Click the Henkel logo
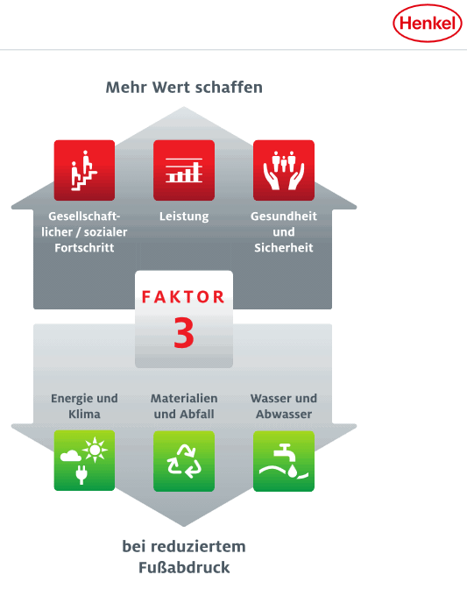point(428,24)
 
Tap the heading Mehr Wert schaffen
point(184,88)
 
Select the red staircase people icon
point(84,170)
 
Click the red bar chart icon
point(184,170)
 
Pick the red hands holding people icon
point(284,170)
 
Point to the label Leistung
point(184,216)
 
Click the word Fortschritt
point(84,248)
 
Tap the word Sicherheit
point(284,248)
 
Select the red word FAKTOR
point(184,297)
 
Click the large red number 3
point(184,333)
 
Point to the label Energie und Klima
point(84,406)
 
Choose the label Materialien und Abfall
point(184,406)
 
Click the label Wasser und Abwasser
point(284,406)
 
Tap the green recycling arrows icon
point(184,461)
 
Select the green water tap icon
point(284,461)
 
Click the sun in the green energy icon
point(95,450)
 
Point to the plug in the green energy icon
point(81,475)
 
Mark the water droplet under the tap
point(293,471)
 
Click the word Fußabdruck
point(184,568)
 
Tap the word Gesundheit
point(284,216)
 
